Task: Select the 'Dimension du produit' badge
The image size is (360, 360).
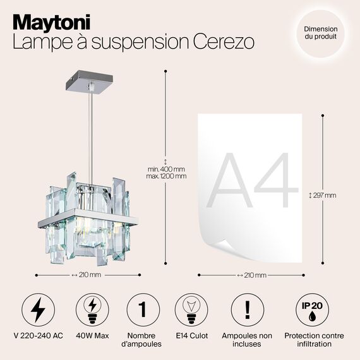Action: tap(320, 33)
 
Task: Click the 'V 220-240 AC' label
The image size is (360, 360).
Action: tap(38, 335)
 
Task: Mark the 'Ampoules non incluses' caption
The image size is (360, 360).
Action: tap(248, 340)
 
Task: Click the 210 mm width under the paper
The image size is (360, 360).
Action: tap(252, 275)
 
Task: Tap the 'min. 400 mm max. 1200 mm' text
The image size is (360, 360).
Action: tap(167, 172)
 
